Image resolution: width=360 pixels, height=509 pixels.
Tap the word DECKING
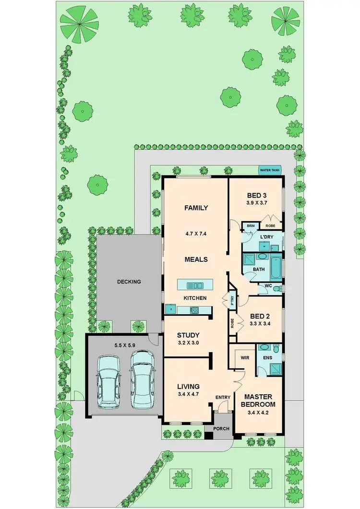point(129,282)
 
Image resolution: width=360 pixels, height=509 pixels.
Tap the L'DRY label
point(267,237)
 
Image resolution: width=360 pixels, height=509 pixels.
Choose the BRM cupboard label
point(250,225)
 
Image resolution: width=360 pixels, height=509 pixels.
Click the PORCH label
point(221,428)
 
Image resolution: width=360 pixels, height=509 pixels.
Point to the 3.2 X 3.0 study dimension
point(188,343)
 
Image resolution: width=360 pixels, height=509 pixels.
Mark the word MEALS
point(196,260)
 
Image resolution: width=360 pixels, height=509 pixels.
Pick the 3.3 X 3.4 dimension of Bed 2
point(260,324)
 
